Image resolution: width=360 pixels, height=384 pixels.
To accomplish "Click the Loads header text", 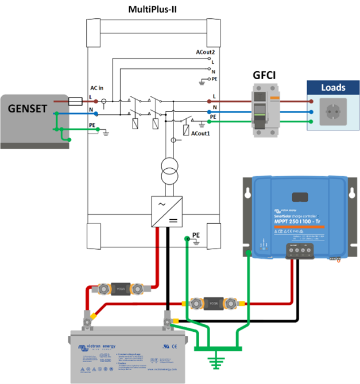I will [334, 87].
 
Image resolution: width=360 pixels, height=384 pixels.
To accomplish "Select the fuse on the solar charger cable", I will [212, 302].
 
